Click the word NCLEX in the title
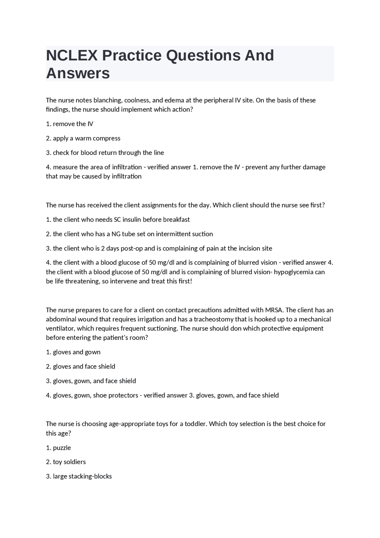(72, 56)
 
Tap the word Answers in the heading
(78, 73)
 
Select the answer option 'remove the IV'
(73, 124)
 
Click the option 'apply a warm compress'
(86, 138)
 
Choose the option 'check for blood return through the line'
(108, 153)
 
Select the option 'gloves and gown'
(77, 352)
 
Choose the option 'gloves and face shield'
(84, 367)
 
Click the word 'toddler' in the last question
(195, 424)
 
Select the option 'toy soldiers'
(69, 462)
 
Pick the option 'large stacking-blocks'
(82, 476)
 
